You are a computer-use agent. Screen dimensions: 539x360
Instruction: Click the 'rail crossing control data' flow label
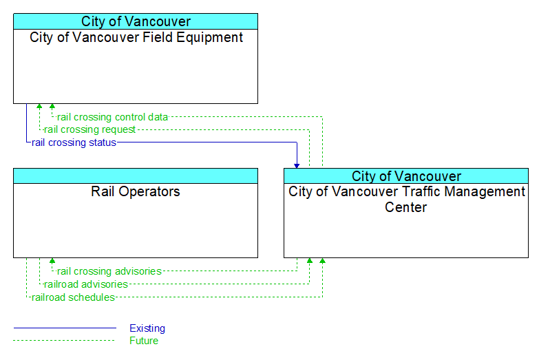click(x=112, y=117)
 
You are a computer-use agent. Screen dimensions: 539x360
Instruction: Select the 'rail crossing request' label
click(x=89, y=129)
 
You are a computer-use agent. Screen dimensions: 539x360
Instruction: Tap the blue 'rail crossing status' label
click(x=74, y=142)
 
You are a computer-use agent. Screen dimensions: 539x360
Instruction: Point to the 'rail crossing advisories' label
click(x=109, y=271)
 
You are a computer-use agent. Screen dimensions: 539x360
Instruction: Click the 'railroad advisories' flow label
click(x=86, y=284)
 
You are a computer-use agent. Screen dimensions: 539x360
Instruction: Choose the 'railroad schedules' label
click(x=73, y=297)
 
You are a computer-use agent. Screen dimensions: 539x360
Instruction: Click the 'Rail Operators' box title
click(x=136, y=191)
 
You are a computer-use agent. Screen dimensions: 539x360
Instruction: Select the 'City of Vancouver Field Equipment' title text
click(x=136, y=37)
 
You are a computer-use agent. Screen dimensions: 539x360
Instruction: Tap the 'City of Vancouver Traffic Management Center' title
click(x=406, y=200)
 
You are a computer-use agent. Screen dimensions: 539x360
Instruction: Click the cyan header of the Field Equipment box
click(x=136, y=21)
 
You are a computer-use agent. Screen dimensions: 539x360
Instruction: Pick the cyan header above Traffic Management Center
click(x=406, y=176)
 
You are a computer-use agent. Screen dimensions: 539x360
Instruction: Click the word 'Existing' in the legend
click(x=147, y=328)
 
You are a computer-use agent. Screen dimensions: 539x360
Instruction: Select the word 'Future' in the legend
click(x=144, y=341)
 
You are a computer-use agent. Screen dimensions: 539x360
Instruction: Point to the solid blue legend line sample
click(x=65, y=328)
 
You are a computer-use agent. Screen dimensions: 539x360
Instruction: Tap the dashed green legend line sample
click(x=64, y=341)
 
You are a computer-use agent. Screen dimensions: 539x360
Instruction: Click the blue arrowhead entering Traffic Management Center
click(x=297, y=166)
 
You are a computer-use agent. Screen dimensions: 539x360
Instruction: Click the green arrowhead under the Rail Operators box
click(x=52, y=261)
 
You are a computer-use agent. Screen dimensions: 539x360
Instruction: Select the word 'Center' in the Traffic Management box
click(x=406, y=207)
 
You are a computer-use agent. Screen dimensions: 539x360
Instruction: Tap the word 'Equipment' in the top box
click(x=210, y=37)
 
